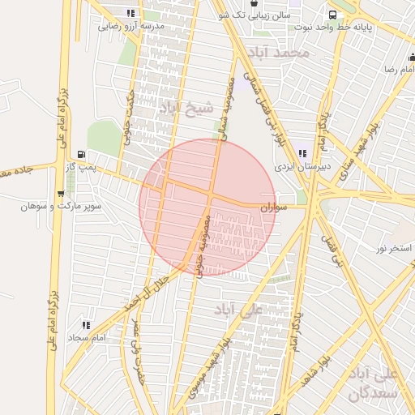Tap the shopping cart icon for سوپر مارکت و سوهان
click(x=61, y=194)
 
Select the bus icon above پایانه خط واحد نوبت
click(x=332, y=15)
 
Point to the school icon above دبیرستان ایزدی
click(x=302, y=152)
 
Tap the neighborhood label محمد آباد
click(x=280, y=53)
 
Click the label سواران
click(x=274, y=207)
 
